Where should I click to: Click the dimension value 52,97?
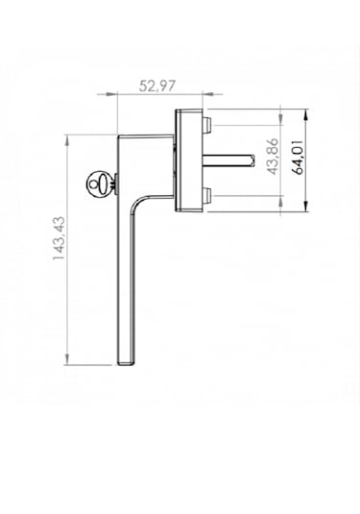click(156, 86)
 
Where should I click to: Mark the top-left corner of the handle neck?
click(117, 135)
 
